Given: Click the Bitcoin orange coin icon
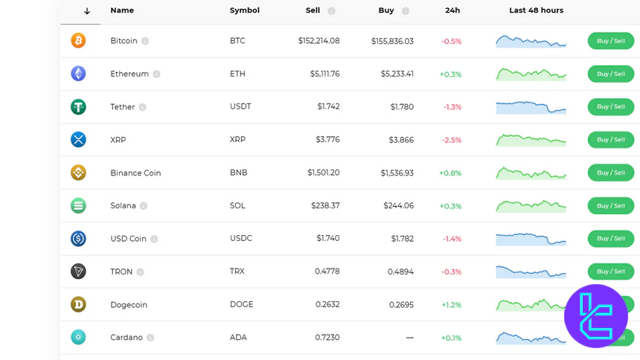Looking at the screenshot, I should (x=78, y=41).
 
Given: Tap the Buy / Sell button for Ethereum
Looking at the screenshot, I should (x=610, y=74).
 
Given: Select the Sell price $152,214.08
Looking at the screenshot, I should (x=319, y=41).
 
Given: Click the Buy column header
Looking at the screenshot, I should (x=386, y=10).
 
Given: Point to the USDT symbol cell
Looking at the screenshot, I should (x=240, y=106).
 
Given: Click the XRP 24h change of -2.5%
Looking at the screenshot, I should (x=451, y=140).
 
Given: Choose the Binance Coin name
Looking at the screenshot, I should (x=135, y=173).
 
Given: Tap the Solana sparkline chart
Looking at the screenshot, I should (x=531, y=205).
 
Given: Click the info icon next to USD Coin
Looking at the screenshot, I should (x=154, y=239).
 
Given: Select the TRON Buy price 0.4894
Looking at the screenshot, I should (x=400, y=271).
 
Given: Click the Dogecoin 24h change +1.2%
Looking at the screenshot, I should (x=451, y=305).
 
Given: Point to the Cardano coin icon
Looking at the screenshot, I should (x=78, y=337).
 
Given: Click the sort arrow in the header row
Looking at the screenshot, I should (x=87, y=11).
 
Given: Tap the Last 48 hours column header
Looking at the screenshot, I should (x=536, y=10).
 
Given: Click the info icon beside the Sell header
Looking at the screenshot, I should (x=331, y=11).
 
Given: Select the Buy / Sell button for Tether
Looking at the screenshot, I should (x=610, y=106).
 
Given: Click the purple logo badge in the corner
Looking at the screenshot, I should (x=595, y=316).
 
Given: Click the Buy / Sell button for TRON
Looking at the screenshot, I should (x=610, y=271).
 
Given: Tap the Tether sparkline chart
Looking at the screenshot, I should (x=531, y=106).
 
